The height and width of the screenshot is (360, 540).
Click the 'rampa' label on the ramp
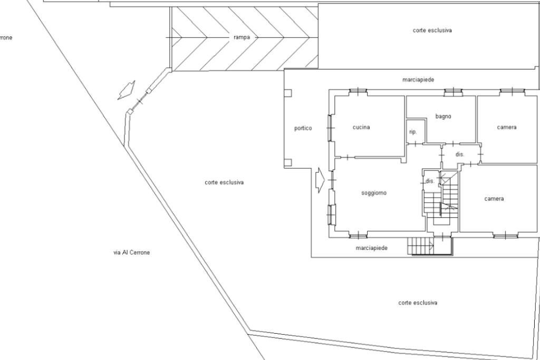242,37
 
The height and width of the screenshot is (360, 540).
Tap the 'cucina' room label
361,127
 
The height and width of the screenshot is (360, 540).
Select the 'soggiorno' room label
373,193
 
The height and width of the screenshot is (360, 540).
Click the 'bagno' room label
443,116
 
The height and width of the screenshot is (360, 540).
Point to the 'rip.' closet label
413,132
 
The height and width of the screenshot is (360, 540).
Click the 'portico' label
303,128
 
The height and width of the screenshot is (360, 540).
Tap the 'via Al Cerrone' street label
131,252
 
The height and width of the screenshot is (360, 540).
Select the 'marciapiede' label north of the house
418,80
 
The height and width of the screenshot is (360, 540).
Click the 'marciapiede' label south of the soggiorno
372,248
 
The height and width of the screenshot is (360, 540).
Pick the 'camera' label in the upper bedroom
506,127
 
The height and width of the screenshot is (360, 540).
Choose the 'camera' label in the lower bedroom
494,199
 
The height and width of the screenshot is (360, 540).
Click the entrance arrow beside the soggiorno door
320,180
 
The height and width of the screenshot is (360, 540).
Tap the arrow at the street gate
126,90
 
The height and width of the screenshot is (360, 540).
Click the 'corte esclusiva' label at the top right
432,31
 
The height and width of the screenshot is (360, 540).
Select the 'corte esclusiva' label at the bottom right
418,303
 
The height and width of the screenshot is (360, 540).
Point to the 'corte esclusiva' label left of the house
224,182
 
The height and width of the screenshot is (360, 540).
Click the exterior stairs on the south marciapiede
420,246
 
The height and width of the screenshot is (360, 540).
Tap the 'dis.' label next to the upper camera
460,154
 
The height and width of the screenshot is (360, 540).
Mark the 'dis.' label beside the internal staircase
429,181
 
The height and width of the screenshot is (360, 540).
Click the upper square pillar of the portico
287,93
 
